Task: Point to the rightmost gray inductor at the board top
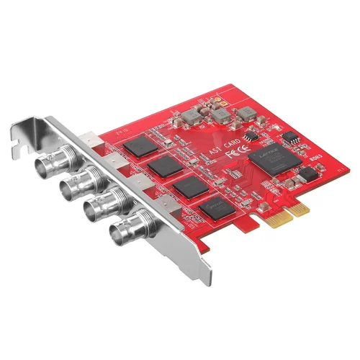click(246, 112)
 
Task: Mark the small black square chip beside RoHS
click(309, 174)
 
